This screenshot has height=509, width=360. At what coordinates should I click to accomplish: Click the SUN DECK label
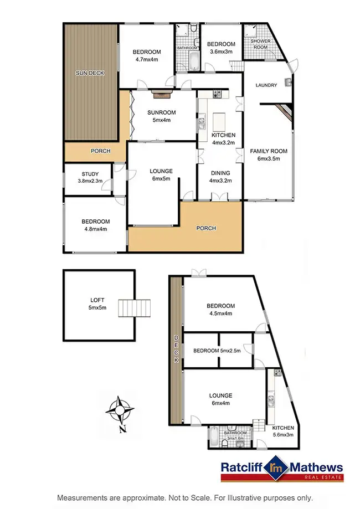[x=90, y=73]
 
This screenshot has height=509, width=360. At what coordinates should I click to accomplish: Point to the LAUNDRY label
[x=266, y=85]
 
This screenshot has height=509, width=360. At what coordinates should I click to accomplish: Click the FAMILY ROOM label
[x=265, y=151]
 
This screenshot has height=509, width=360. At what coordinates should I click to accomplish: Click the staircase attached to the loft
[x=135, y=308]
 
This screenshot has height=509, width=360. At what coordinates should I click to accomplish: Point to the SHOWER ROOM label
[x=259, y=44]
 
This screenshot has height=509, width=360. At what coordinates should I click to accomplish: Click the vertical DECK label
[x=176, y=349]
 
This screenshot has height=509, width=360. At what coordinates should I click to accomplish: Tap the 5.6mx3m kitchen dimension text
[x=282, y=435]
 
